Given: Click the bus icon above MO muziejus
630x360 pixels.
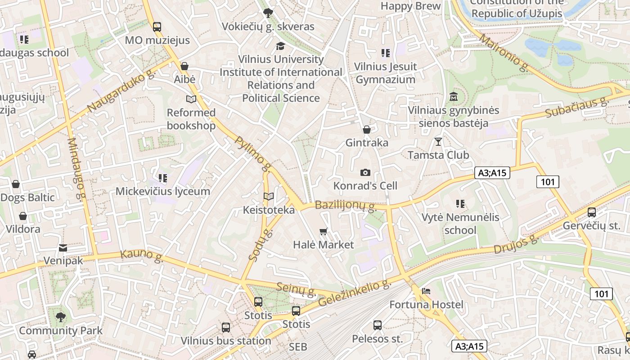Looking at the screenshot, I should tap(157, 27).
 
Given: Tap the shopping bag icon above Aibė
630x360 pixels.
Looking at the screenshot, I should tap(184, 66).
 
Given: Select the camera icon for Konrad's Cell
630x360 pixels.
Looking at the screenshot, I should tap(365, 172).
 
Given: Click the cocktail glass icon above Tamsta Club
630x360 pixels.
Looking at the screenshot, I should tap(438, 142).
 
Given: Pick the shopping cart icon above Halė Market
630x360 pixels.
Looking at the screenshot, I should tap(323, 232).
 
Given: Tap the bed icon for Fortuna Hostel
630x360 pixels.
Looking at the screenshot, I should tap(426, 291).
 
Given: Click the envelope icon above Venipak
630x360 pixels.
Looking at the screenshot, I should tap(63, 248).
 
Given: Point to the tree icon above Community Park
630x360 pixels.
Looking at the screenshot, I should tap(60, 317).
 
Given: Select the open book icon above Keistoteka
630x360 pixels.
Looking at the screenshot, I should tap(269, 197).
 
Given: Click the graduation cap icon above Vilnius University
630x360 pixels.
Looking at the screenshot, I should tap(280, 46).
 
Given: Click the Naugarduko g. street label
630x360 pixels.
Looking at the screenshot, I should tap(121, 92).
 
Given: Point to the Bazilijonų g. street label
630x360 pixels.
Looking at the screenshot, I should tap(346, 206).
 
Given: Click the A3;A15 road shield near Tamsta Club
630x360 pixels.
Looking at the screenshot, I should tap(492, 173).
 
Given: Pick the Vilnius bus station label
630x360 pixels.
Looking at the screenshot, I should tap(226, 341).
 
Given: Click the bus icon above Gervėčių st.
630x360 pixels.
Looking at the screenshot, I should tap(592, 212).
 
